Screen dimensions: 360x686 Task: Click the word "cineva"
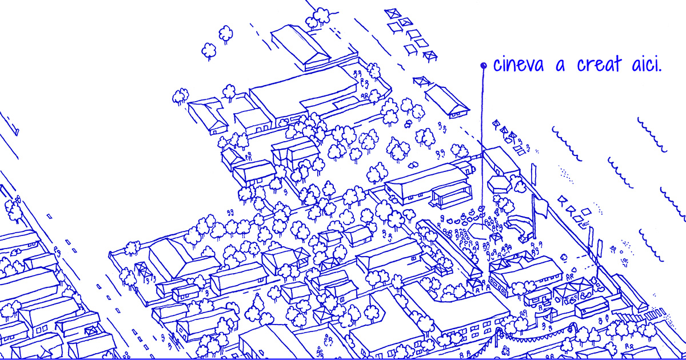click(518, 65)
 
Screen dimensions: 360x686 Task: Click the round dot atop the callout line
click(483, 66)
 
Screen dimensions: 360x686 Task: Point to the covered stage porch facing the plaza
click(452, 194)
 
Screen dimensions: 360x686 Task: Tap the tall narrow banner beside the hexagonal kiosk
click(534, 171)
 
